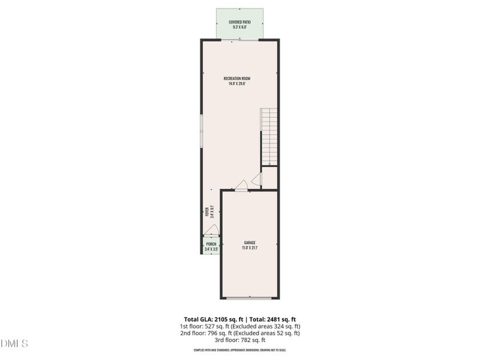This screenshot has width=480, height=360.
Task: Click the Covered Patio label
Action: click(x=239, y=22)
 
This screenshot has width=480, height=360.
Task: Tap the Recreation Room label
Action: click(x=237, y=79)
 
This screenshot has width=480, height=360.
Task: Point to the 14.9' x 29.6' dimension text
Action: click(x=237, y=84)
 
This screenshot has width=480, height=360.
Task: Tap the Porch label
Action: click(x=211, y=244)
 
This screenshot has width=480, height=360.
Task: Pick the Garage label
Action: click(x=249, y=243)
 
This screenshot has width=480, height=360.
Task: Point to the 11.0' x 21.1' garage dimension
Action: click(x=249, y=248)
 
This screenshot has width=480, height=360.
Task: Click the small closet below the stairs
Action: click(x=269, y=178)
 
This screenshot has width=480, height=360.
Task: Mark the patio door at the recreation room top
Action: click(x=239, y=40)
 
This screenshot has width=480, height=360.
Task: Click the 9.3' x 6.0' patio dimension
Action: click(x=239, y=27)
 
